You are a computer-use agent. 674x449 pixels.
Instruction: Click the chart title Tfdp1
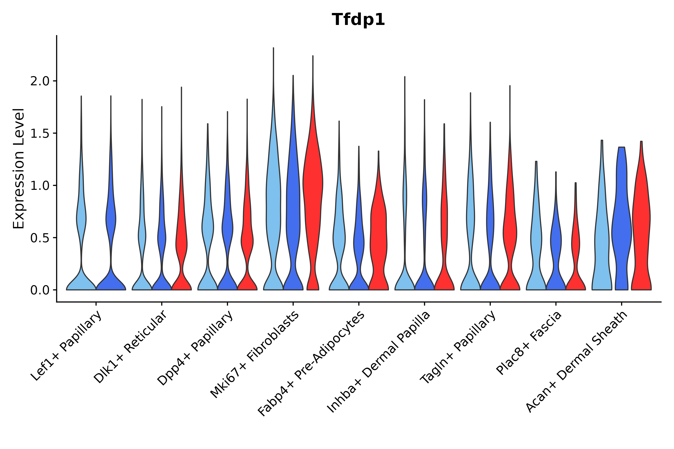pyautogui.click(x=358, y=20)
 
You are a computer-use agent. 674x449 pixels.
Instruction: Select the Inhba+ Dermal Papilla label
pyautogui.click(x=379, y=362)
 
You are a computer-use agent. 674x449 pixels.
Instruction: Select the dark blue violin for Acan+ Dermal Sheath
pyautogui.click(x=621, y=229)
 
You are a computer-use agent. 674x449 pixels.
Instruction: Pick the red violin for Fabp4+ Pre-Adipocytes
pyautogui.click(x=378, y=229)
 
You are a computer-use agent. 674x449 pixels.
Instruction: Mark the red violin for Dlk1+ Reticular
pyautogui.click(x=181, y=243)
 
